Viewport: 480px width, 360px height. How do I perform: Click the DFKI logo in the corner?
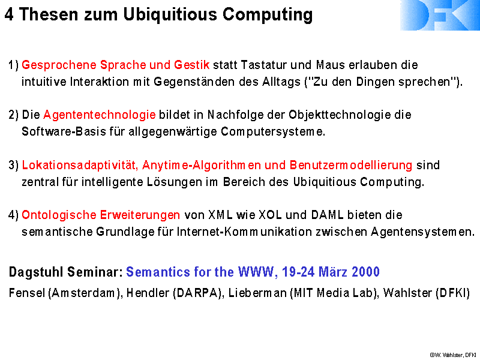pyautogui.click(x=440, y=15)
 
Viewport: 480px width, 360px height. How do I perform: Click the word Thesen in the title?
pyautogui.click(x=49, y=14)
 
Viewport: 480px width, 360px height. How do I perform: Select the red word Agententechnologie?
pyautogui.click(x=100, y=115)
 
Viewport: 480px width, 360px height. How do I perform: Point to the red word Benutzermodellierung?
pyautogui.click(x=351, y=166)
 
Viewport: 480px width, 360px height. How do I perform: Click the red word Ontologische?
pyautogui.click(x=59, y=215)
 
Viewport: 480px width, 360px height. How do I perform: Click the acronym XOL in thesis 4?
pyautogui.click(x=271, y=215)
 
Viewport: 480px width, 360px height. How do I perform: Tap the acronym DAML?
pyautogui.click(x=327, y=215)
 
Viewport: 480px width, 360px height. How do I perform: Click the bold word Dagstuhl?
pyautogui.click(x=37, y=272)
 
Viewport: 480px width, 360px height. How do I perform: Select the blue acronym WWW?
pyautogui.click(x=256, y=272)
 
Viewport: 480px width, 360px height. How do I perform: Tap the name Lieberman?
pyautogui.click(x=257, y=293)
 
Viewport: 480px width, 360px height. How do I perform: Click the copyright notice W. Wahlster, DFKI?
pyautogui.click(x=453, y=355)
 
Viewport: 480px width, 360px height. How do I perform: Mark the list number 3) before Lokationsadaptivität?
pyautogui.click(x=13, y=166)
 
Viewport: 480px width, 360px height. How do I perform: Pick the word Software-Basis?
pyautogui.click(x=64, y=132)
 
